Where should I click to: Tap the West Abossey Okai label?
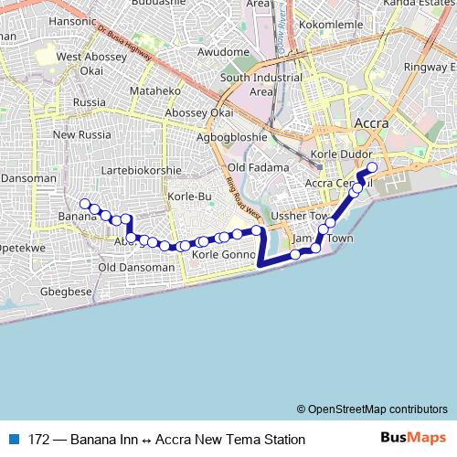coord(80,63)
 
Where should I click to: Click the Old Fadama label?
coord(258,167)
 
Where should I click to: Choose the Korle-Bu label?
coord(190,197)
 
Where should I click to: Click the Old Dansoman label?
coord(135,268)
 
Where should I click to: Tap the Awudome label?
coord(224,52)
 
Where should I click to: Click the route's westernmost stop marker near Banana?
coord(84,204)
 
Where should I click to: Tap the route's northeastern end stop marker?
coord(372,167)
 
